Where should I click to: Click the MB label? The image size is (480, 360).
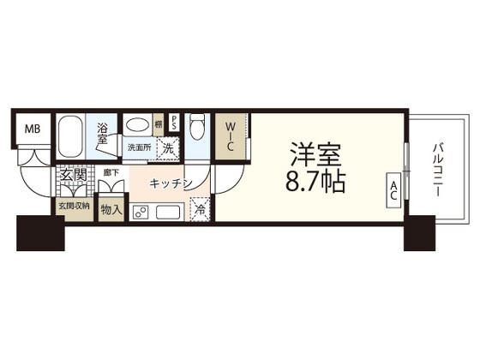point(31,129)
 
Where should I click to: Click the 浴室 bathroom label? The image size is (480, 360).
point(102,134)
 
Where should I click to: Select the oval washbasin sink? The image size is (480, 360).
point(137,126)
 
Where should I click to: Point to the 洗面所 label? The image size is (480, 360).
point(140,147)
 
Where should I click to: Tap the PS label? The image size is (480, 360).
point(174,122)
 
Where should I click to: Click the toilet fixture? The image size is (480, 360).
point(196,129)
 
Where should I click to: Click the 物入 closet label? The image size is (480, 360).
point(111,207)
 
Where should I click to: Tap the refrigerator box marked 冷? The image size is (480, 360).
point(198,207)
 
